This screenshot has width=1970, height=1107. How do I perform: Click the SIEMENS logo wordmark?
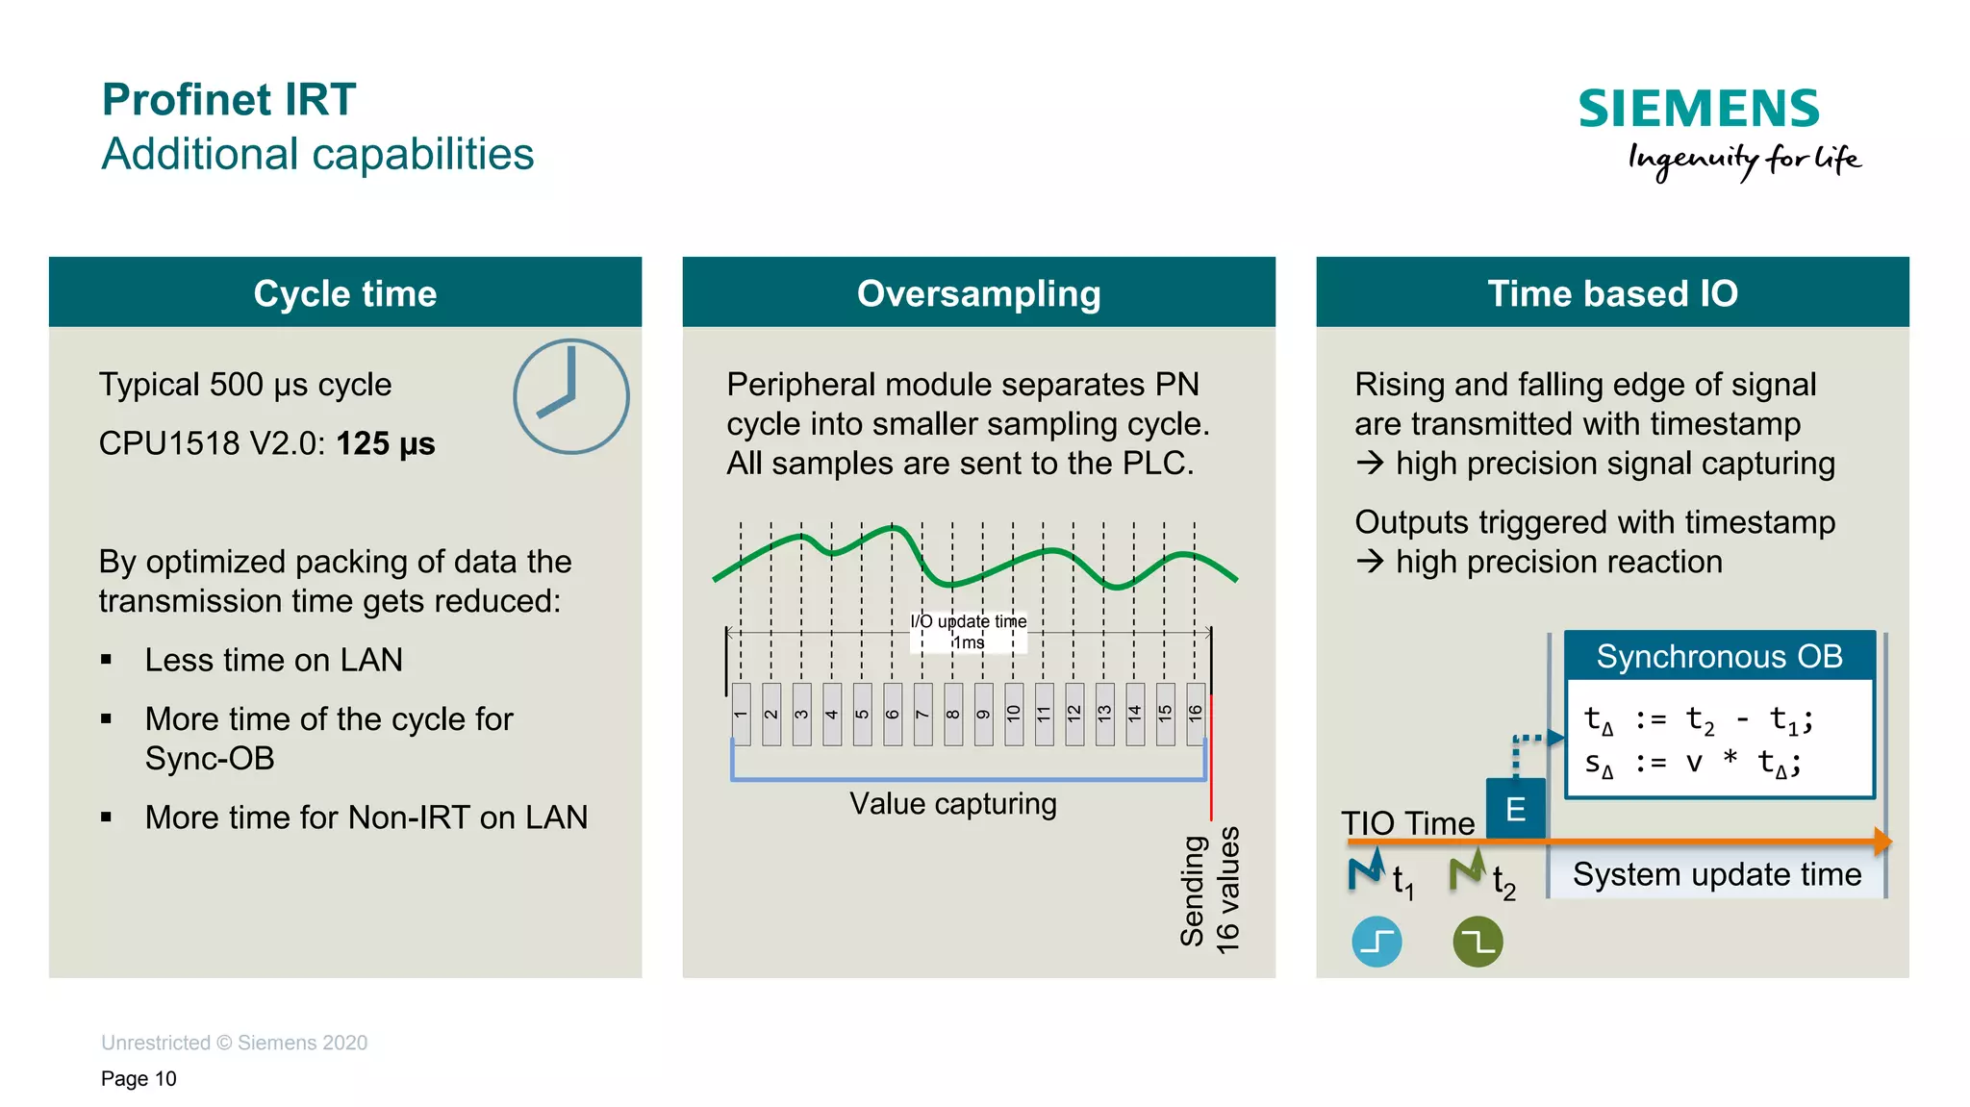(x=1698, y=109)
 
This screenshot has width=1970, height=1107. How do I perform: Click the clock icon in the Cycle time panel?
(x=570, y=396)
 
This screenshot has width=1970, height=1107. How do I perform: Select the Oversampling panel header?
(x=978, y=292)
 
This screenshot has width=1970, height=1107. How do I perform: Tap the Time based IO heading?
(x=1612, y=292)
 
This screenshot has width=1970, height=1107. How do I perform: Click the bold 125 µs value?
(x=385, y=443)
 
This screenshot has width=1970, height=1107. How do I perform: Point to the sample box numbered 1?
(x=741, y=714)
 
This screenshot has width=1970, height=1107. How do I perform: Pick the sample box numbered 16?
(x=1196, y=714)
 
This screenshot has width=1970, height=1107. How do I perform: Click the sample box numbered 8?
(x=953, y=714)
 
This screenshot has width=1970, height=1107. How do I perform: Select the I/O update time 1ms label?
(x=969, y=632)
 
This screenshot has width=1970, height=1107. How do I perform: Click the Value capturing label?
(x=952, y=804)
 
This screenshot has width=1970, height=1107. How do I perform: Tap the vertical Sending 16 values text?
(x=1210, y=890)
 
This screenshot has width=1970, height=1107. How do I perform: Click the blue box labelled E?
(x=1515, y=809)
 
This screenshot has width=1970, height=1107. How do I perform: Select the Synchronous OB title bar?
(x=1719, y=656)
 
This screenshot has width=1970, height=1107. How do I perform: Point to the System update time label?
(x=1717, y=874)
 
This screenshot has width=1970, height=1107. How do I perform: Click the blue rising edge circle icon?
(x=1376, y=942)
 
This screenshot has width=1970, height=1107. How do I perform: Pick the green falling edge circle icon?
(x=1477, y=942)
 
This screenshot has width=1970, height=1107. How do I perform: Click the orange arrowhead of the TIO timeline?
(x=1882, y=842)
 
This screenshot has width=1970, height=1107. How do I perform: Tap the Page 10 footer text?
(x=139, y=1078)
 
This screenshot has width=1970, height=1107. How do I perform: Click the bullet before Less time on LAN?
(x=106, y=660)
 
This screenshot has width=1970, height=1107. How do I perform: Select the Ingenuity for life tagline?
(x=1743, y=160)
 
